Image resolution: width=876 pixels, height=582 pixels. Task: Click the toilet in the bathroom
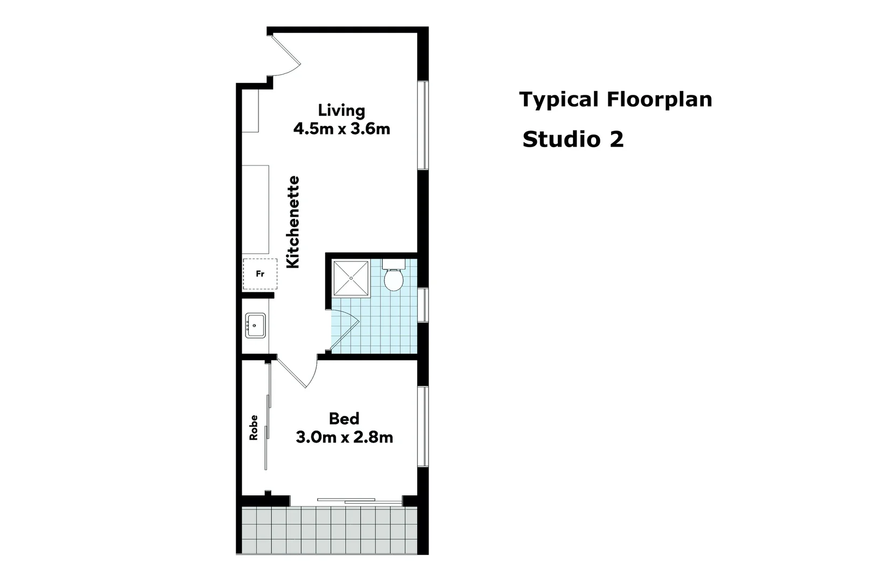tap(394, 278)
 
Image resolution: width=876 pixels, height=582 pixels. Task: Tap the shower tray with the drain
tap(351, 278)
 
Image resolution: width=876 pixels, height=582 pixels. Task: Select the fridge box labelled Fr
tap(260, 274)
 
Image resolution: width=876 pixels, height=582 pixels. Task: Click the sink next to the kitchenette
tap(255, 325)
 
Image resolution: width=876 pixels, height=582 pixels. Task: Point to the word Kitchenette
tap(293, 222)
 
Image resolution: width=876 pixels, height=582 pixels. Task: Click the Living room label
tap(341, 110)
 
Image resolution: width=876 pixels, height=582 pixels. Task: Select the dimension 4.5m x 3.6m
tap(341, 129)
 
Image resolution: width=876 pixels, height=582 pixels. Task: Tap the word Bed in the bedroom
tap(344, 418)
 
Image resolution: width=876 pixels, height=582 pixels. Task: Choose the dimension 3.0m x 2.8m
tap(344, 437)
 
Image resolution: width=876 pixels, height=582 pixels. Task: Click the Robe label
tap(254, 427)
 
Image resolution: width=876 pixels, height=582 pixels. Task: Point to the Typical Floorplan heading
tap(615, 100)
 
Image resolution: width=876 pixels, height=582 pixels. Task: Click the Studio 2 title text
tap(573, 140)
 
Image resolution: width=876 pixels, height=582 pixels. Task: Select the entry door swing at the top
tap(286, 54)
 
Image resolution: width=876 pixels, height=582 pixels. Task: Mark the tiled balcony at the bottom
tap(329, 530)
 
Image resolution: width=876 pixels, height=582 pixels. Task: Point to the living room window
tap(423, 125)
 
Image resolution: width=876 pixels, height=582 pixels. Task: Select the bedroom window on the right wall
tap(423, 426)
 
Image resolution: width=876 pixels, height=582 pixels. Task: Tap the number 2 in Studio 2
tap(616, 140)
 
